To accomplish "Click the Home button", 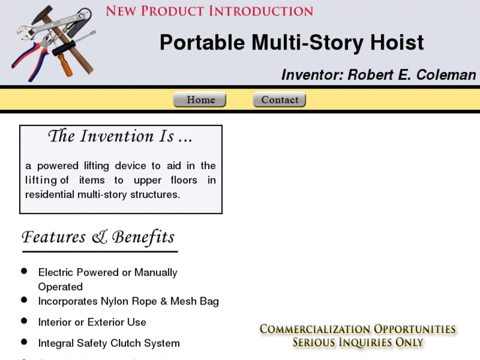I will pyautogui.click(x=199, y=100).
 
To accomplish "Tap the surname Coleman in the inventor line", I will pyautogui.click(x=446, y=75).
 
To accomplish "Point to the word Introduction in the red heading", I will pyautogui.click(x=261, y=11).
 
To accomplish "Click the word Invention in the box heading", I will pyautogui.click(x=117, y=137).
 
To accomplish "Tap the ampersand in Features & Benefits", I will pyautogui.click(x=100, y=237).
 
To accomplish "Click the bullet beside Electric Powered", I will pyautogui.click(x=24, y=271).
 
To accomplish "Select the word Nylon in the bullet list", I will pyautogui.click(x=116, y=301).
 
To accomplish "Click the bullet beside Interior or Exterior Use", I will pyautogui.click(x=24, y=322).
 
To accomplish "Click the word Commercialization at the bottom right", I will pyautogui.click(x=314, y=329).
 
